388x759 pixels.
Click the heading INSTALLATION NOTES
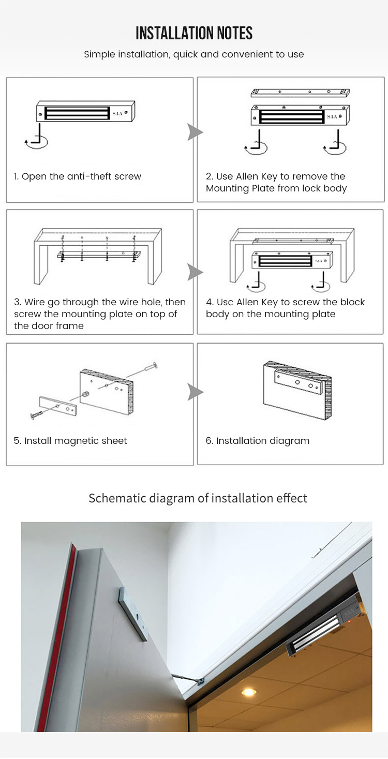pos(194,34)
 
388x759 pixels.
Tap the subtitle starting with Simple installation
pos(194,54)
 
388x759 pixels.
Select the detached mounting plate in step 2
pos(300,93)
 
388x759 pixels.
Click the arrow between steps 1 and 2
pos(195,132)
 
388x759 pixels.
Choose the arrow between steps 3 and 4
pos(195,272)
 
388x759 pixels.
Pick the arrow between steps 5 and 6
pos(195,392)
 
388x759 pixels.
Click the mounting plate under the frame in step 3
pos(98,254)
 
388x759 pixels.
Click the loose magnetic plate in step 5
pos(58,406)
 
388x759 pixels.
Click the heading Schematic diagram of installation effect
pos(198,498)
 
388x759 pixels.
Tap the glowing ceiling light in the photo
pos(249,692)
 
